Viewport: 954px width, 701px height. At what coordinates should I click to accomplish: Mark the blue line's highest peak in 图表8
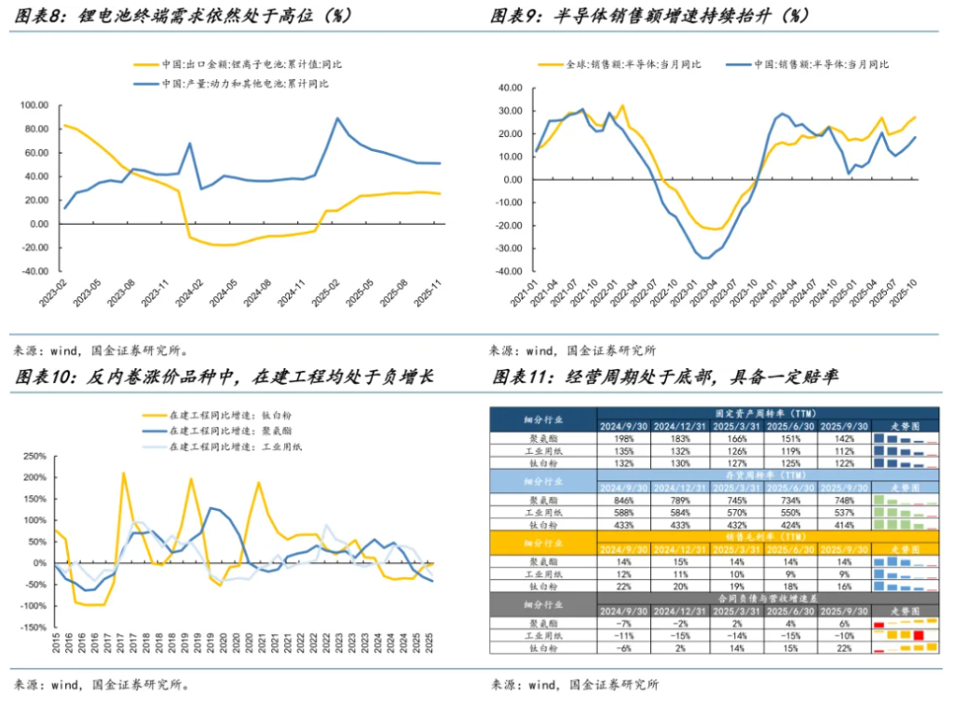(x=337, y=118)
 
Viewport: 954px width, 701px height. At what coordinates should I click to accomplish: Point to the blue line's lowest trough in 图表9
(x=704, y=258)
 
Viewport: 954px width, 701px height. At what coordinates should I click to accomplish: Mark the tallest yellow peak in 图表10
(x=124, y=473)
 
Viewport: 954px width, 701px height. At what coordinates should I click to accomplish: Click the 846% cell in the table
(x=625, y=500)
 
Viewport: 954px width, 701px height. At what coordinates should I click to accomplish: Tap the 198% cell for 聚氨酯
(x=625, y=438)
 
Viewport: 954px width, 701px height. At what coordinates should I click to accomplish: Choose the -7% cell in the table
(x=625, y=623)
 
